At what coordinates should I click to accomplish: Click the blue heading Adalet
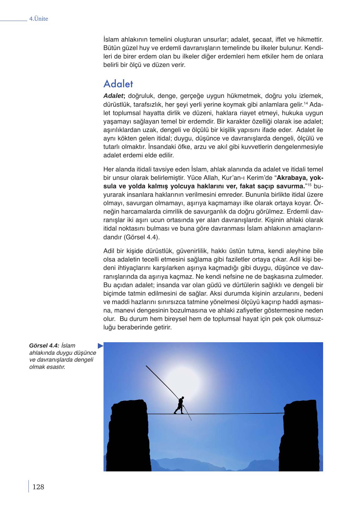pyautogui.click(x=118, y=84)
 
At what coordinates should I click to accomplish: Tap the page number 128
pyautogui.click(x=38, y=487)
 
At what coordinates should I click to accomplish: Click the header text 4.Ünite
pyautogui.click(x=38, y=19)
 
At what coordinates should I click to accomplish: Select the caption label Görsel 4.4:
pyautogui.click(x=44, y=346)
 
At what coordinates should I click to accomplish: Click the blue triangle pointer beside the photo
pyautogui.click(x=100, y=346)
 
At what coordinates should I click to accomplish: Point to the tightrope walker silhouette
pyautogui.click(x=180, y=406)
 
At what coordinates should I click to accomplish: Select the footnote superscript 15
pyautogui.click(x=308, y=185)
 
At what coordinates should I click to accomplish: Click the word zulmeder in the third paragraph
pyautogui.click(x=307, y=277)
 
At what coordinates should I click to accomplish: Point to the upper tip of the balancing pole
pyautogui.click(x=146, y=366)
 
